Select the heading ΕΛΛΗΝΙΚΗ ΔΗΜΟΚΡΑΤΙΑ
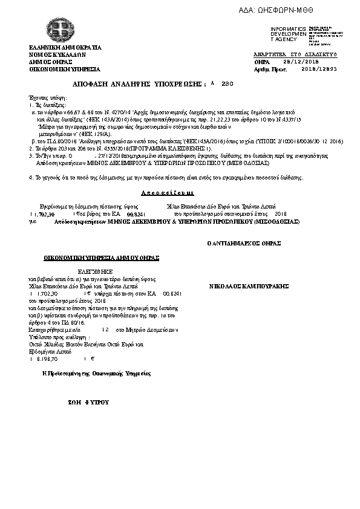click(66, 47)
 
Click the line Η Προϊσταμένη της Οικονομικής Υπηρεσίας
click(96, 374)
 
